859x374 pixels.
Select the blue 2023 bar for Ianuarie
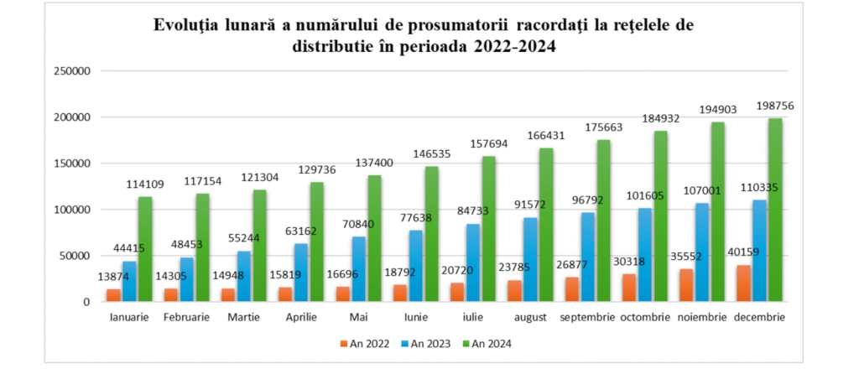tap(129, 281)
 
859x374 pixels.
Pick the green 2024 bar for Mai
tap(374, 238)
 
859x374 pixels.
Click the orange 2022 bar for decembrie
tap(743, 283)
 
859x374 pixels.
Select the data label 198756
tap(775, 106)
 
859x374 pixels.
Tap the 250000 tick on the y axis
tap(72, 71)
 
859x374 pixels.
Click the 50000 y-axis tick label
tap(75, 256)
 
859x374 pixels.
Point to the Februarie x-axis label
tap(186, 318)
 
